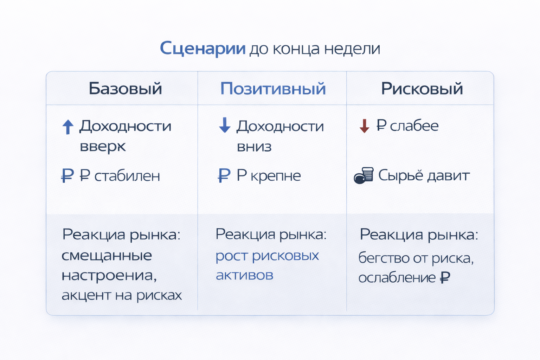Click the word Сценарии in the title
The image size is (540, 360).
pyautogui.click(x=202, y=48)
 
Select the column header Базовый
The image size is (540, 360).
pyautogui.click(x=125, y=89)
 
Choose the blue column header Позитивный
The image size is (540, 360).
pyautogui.click(x=273, y=89)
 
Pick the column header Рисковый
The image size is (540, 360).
pyautogui.click(x=422, y=89)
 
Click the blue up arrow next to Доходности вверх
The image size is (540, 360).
pyautogui.click(x=68, y=127)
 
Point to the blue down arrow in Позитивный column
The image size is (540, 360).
pyautogui.click(x=225, y=126)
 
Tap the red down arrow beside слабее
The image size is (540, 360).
pyautogui.click(x=365, y=126)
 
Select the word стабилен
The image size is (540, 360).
pyautogui.click(x=127, y=176)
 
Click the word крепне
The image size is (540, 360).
pyautogui.click(x=276, y=176)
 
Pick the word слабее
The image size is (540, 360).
pyautogui.click(x=414, y=126)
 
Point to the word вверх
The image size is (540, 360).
pyautogui.click(x=103, y=147)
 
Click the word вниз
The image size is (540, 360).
pyautogui.click(x=254, y=147)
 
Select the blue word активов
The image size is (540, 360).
pyautogui.click(x=244, y=275)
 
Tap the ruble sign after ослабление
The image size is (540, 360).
pyautogui.click(x=445, y=278)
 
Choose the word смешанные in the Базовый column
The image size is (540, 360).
pyautogui.click(x=107, y=256)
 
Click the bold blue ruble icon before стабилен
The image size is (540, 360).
pyautogui.click(x=67, y=175)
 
